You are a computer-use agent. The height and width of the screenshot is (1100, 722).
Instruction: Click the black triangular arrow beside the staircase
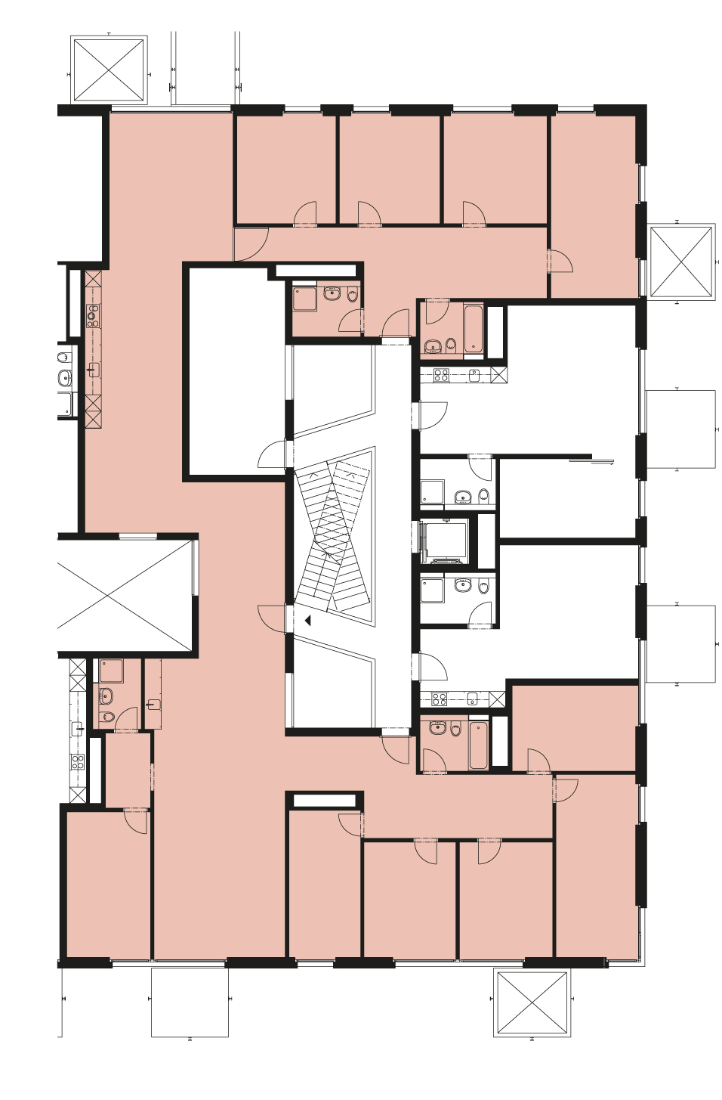point(307,620)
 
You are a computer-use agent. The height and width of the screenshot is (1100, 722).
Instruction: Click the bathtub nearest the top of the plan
point(474,328)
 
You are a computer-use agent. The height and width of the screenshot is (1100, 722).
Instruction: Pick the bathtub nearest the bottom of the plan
point(478,745)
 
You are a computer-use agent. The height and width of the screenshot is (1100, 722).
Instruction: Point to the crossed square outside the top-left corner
point(109,69)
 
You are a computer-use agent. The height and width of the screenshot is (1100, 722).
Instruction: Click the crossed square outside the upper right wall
point(681,262)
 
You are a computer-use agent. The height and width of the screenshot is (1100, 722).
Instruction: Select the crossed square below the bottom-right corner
point(532,1002)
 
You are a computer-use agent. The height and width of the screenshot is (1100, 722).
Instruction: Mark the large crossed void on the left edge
point(125,594)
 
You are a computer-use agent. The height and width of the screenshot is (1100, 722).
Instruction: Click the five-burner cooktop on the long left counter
point(93,315)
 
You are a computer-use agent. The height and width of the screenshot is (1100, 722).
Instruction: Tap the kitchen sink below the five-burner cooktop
point(94,370)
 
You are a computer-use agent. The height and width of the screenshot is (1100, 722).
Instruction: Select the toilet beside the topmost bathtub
point(451,345)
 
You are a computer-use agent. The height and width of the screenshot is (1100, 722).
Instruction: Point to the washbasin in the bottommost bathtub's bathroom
point(439,727)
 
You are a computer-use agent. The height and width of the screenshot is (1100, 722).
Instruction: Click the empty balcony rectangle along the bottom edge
point(190,1002)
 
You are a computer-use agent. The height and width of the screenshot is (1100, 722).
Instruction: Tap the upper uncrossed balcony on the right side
point(680,429)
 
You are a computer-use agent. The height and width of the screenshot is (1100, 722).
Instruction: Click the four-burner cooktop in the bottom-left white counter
point(78,762)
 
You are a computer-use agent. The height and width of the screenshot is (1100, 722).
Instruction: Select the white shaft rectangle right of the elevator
point(486,541)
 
